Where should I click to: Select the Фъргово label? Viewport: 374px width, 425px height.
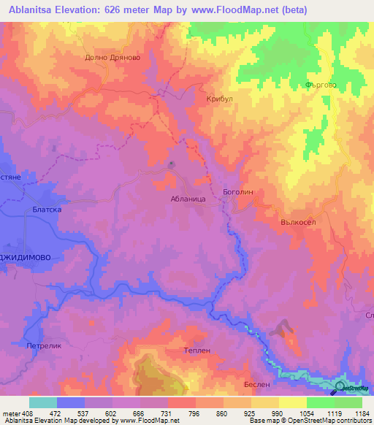coord(320,85)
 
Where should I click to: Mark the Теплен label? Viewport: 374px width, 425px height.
coord(196,351)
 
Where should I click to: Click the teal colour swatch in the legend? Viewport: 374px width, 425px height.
coord(43,402)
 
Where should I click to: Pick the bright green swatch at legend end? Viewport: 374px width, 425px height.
coord(348,402)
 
